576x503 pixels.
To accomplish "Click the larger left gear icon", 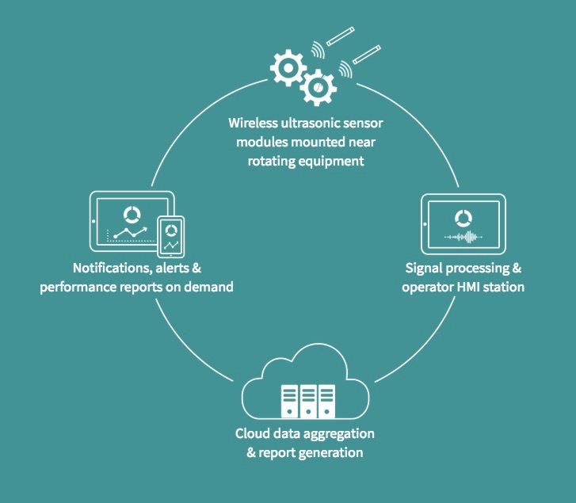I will point(288,68).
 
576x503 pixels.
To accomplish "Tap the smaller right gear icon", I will point(317,85).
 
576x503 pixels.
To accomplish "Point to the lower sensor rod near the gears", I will point(367,58).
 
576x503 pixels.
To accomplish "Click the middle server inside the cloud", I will point(305,402).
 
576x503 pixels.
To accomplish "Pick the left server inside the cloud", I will point(285,402).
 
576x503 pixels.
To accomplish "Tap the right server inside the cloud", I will point(325,402).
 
